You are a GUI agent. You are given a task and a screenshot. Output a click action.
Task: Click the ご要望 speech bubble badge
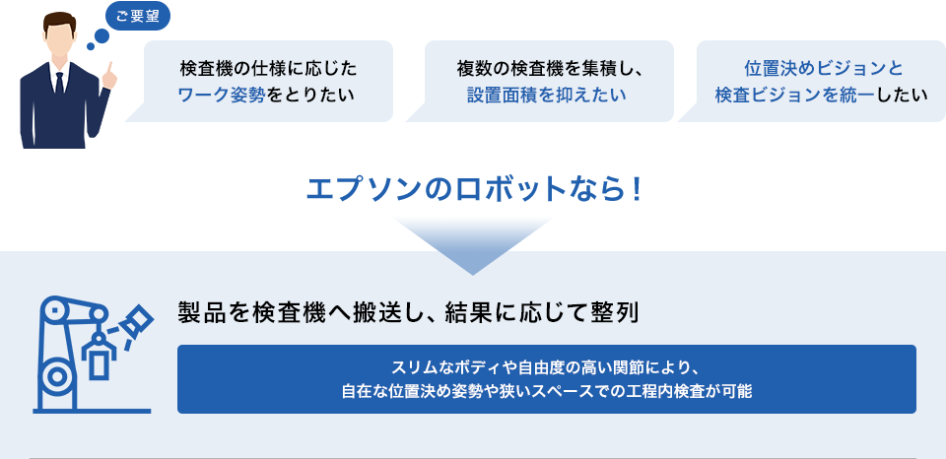(x=138, y=17)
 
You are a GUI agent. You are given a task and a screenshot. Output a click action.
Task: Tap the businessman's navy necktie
(x=59, y=84)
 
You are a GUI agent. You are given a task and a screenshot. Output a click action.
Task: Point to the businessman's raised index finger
(x=109, y=68)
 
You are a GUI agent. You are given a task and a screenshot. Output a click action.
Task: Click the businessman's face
(x=59, y=43)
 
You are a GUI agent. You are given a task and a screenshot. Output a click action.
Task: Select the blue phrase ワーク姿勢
(x=222, y=96)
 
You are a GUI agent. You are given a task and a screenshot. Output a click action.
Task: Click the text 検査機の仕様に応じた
(x=268, y=69)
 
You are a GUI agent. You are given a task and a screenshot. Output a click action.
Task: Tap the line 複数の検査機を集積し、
(x=550, y=69)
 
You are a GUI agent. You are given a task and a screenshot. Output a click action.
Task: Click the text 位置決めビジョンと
(x=824, y=69)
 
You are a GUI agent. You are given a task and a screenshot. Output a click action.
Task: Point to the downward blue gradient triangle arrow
(x=473, y=245)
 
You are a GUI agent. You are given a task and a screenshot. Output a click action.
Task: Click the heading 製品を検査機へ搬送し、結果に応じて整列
(x=408, y=313)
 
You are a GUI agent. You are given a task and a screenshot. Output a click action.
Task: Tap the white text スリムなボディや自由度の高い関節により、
(x=547, y=367)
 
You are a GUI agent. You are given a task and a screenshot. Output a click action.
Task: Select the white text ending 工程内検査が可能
(x=547, y=391)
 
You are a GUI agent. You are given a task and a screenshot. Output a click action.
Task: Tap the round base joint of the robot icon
(x=57, y=377)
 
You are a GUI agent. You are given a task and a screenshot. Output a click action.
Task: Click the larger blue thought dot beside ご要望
(x=101, y=36)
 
